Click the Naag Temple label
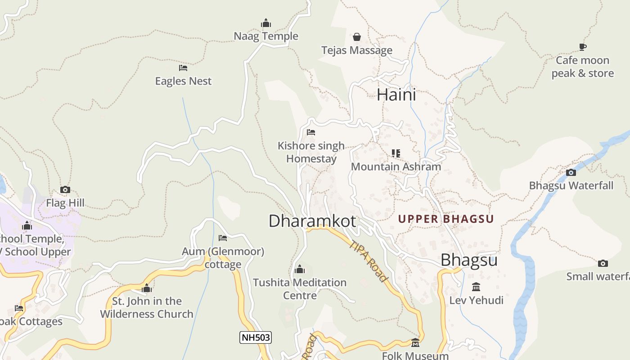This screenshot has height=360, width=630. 266,36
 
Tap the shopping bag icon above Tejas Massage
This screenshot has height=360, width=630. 357,36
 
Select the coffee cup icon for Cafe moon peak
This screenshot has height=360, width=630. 583,47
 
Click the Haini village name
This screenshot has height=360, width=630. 396,94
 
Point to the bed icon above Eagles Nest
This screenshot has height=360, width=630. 183,68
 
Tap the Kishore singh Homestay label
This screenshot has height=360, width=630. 311,152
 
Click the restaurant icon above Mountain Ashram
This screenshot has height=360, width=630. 396,153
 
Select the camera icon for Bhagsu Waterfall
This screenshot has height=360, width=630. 571,172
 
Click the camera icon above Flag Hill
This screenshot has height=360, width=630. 65,190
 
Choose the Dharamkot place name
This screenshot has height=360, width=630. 312,221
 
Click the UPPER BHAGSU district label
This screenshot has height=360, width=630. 446,219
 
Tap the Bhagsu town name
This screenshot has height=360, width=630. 469,260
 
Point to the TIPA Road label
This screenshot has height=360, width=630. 369,261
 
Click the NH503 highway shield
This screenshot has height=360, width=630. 256,337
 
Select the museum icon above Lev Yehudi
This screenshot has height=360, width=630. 476,287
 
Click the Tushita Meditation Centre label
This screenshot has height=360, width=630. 300,289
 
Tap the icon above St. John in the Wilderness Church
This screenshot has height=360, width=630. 147,288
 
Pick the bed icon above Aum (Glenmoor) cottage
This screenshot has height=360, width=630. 223,238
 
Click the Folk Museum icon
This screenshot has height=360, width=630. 415,343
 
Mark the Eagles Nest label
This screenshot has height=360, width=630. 183,81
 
